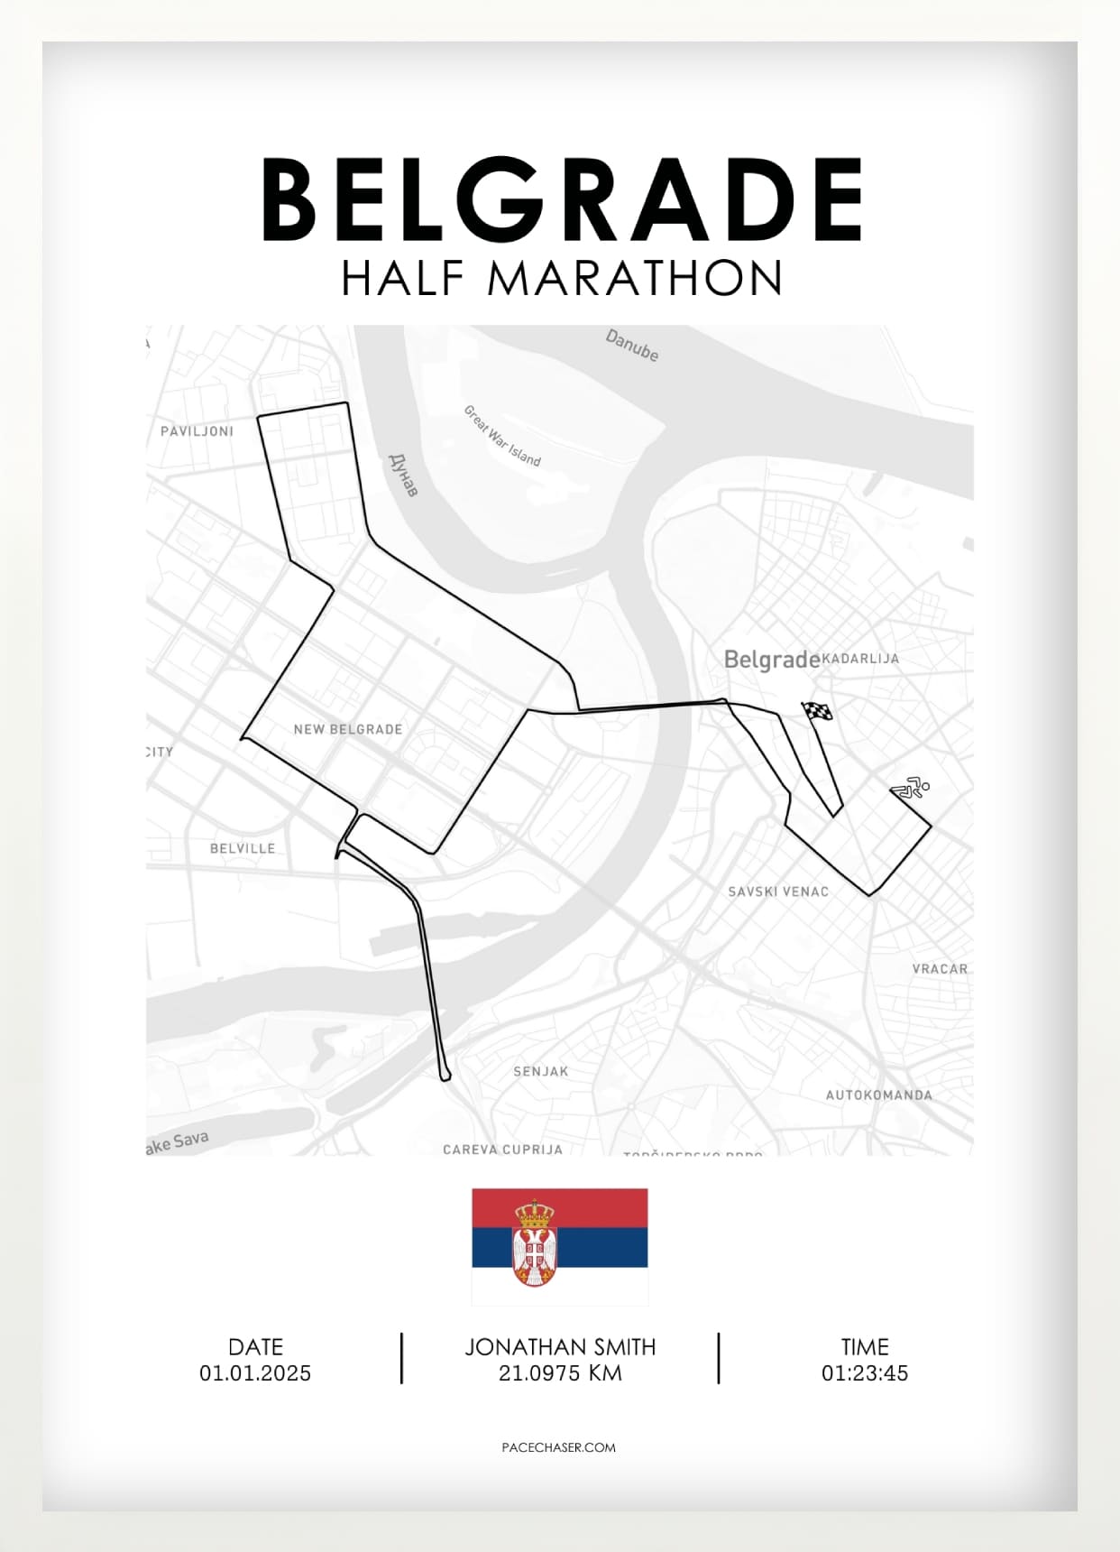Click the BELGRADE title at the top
pos(561,199)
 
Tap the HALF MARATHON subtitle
pos(561,278)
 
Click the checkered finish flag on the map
pos(818,712)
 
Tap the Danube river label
pos(631,346)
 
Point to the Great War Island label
pos(501,436)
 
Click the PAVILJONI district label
pos(197,431)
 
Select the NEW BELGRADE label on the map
pos(348,729)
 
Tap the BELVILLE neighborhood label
pos(243,848)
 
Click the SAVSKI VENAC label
pos(778,891)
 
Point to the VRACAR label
pos(940,969)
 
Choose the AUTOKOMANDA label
pos(879,1095)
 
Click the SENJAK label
pos(541,1072)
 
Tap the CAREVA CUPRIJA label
pos(502,1150)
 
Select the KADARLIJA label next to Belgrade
pos(860,659)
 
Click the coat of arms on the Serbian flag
pos(534,1243)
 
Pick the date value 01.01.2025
pos(255,1373)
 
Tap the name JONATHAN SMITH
pos(560,1347)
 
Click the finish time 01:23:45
pos(865,1373)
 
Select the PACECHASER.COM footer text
pos(559,1447)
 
